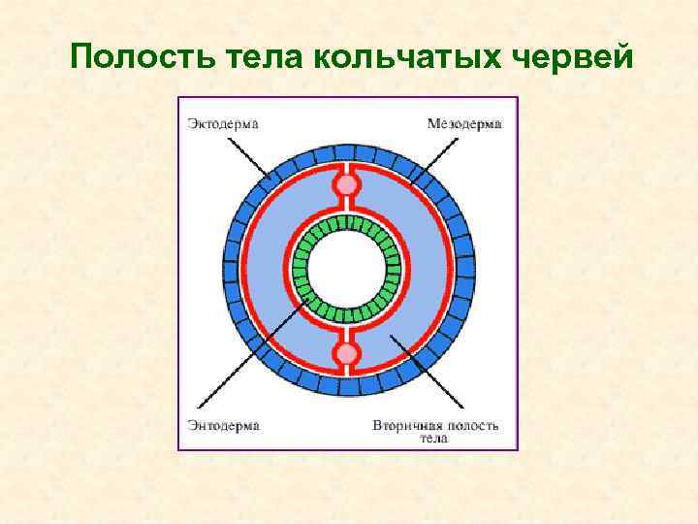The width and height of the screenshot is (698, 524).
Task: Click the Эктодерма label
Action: click(223, 124)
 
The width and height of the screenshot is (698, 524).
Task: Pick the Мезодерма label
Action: click(464, 124)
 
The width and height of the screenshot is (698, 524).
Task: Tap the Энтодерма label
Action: click(223, 425)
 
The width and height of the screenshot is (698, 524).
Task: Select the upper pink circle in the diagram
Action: click(346, 184)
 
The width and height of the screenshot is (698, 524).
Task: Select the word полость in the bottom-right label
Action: click(473, 425)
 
